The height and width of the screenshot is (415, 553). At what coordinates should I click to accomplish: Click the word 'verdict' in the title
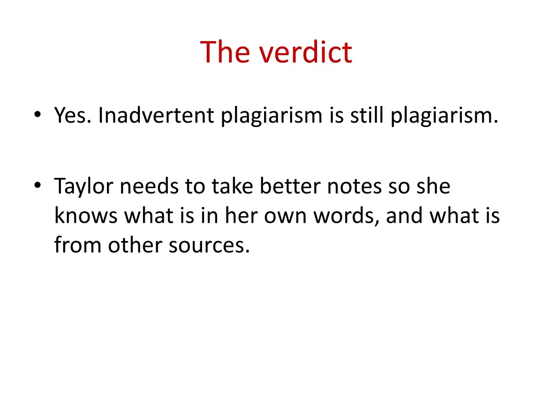(306, 52)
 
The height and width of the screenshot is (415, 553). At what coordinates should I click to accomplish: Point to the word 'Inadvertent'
(156, 116)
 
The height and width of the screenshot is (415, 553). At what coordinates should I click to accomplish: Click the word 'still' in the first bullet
(368, 116)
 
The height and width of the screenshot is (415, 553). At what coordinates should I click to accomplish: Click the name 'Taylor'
(84, 186)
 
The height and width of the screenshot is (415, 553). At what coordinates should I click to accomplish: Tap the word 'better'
(290, 186)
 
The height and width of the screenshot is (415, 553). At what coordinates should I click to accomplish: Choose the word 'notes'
(354, 186)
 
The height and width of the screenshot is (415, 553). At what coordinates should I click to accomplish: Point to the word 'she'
(433, 186)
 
